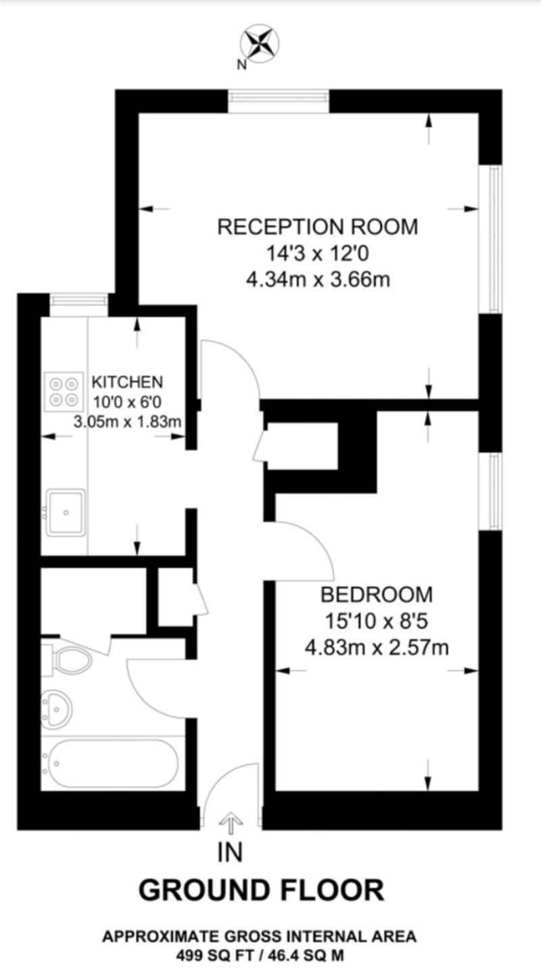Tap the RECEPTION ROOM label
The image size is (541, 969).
coord(317,227)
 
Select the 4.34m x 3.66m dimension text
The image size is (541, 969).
coord(317,278)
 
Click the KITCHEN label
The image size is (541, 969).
coord(127,381)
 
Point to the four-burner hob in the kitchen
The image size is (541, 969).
coord(62,391)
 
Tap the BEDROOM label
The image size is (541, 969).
coord(376,595)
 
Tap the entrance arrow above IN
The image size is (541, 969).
coord(231,824)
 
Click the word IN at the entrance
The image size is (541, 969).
coord(230,853)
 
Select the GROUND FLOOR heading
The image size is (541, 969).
coord(261,890)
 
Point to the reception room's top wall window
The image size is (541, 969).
coord(279,101)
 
